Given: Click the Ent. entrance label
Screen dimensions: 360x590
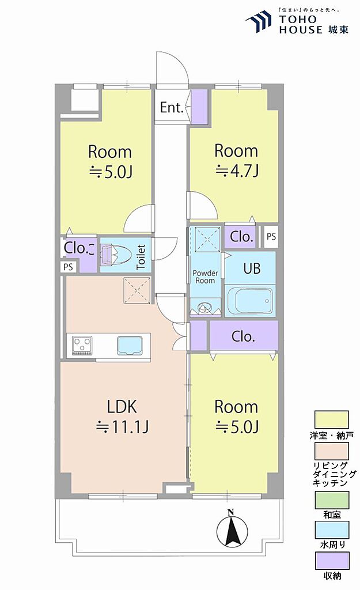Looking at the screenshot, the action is pos(171,108).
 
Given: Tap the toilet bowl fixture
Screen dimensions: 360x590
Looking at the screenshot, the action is pos(115,255).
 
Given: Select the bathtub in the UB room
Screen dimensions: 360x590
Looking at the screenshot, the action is pos(250,301).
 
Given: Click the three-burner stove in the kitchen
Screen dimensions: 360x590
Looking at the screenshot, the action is pos(83,345).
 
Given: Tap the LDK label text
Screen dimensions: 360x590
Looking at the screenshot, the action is pos(122,407).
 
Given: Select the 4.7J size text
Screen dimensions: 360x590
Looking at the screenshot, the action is pos(237,171).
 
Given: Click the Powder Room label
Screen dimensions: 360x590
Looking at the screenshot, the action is pos(205,277).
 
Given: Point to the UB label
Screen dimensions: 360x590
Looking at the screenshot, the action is pos(252,268).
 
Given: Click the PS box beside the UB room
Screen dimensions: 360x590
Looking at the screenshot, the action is pos(271,237).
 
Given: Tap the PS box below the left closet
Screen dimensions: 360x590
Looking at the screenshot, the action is pos(68,267).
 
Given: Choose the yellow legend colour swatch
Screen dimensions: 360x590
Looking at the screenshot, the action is pos(331,419).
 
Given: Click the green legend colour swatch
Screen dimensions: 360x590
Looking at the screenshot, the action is pos(331,500).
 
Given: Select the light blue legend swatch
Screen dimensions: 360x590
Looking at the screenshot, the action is pos(331,530).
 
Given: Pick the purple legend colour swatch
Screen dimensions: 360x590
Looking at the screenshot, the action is pos(331,561).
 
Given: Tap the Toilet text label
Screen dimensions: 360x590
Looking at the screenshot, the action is pos(141,257).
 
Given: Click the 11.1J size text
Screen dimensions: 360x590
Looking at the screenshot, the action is pos(123,427).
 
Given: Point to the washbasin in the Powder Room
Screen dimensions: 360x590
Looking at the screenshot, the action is pos(205,308).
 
